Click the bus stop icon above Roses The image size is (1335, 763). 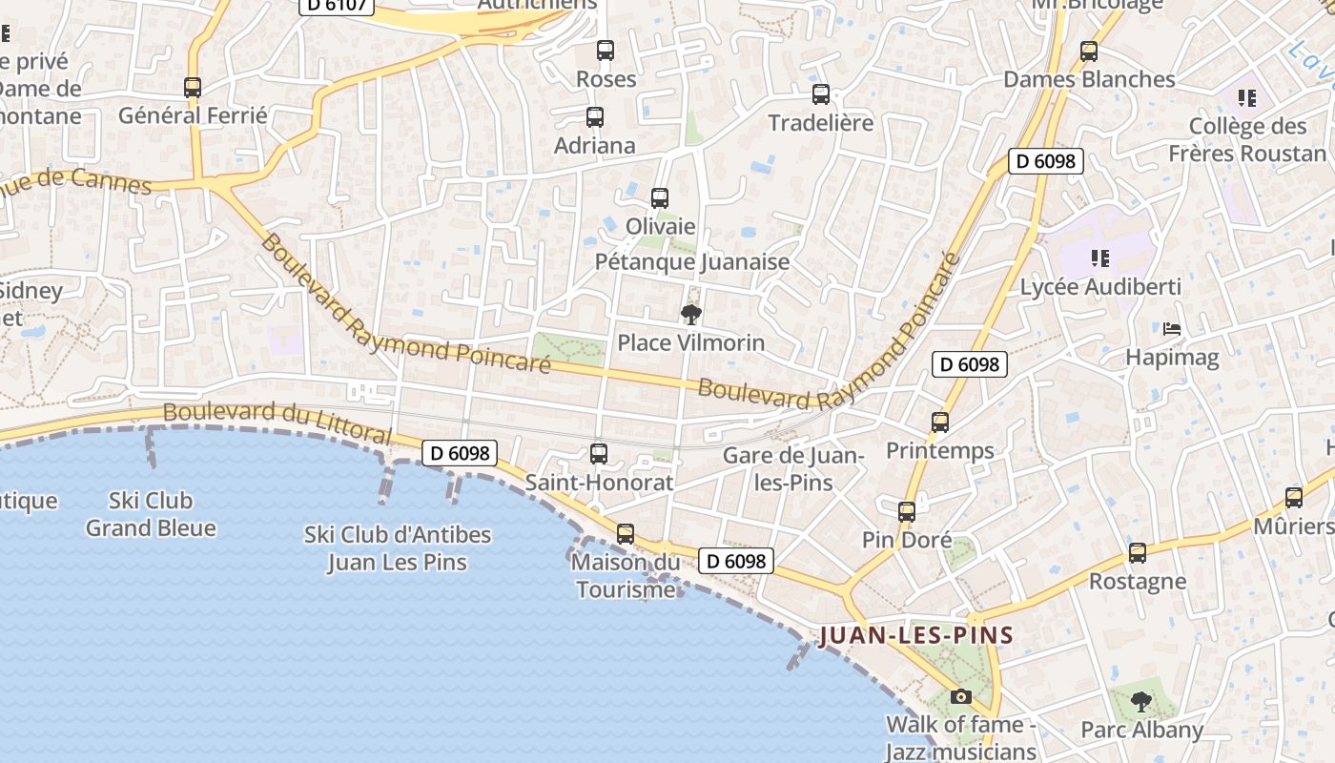(x=606, y=51)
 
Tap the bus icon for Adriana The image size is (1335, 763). (x=595, y=117)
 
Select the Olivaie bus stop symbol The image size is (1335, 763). (x=660, y=198)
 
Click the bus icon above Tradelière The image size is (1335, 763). (x=821, y=94)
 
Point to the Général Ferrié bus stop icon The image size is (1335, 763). (x=193, y=88)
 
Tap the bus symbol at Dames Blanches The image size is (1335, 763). (x=1089, y=52)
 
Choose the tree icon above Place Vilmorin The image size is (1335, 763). (x=691, y=315)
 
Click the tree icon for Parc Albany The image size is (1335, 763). (x=1141, y=703)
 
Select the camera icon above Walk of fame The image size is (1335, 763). (x=961, y=697)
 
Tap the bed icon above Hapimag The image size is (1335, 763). (x=1172, y=330)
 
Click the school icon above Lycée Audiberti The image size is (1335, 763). (x=1099, y=258)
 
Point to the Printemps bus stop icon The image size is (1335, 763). (x=940, y=422)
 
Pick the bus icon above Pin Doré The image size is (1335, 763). (x=907, y=512)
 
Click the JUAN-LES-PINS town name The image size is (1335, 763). (x=915, y=635)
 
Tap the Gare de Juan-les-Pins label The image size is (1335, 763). (x=793, y=468)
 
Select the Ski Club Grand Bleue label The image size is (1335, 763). (x=151, y=514)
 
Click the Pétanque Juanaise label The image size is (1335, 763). (x=692, y=261)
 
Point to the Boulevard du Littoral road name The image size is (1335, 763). (x=277, y=423)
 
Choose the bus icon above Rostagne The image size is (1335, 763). (x=1138, y=553)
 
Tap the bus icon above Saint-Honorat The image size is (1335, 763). (x=599, y=454)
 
